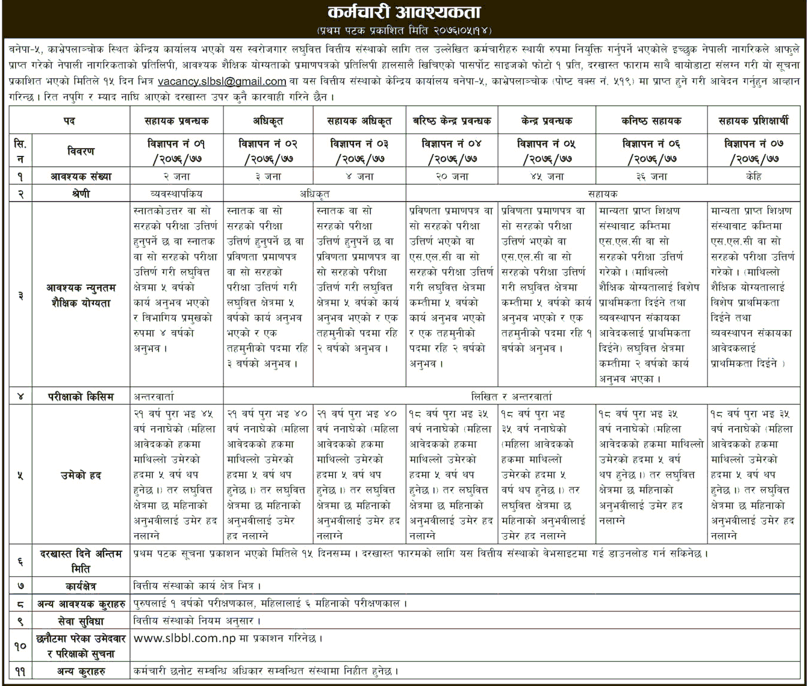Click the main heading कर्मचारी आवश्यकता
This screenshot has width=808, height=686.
click(404, 11)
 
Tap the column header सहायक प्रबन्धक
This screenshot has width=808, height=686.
click(176, 121)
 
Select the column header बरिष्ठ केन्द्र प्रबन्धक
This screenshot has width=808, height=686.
click(452, 121)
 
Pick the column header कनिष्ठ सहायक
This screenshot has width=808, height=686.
click(651, 121)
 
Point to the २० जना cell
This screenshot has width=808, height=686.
click(452, 177)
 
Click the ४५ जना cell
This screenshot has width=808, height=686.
click(547, 177)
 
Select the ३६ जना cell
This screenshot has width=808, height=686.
click(651, 177)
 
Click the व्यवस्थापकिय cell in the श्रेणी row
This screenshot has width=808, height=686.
click(176, 194)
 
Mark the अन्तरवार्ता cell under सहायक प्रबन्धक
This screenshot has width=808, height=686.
click(155, 397)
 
